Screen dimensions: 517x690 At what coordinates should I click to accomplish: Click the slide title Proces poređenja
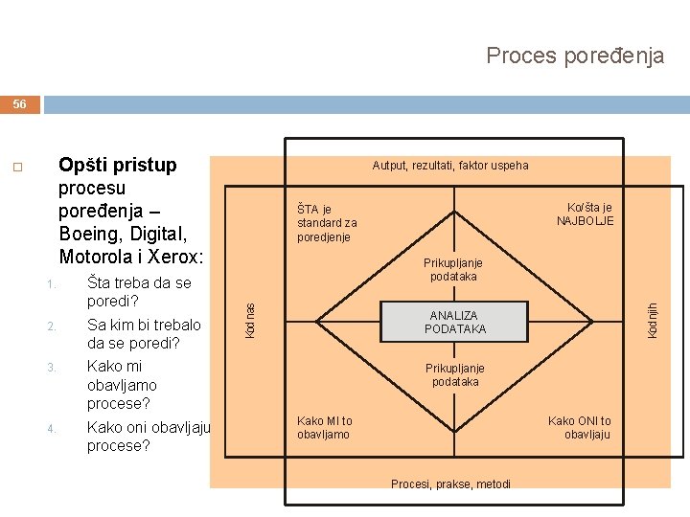click(x=575, y=56)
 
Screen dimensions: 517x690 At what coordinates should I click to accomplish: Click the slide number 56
click(x=20, y=104)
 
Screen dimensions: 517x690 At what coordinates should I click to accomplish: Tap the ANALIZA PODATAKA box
click(x=455, y=322)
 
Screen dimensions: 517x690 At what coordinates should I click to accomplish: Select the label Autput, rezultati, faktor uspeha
click(x=449, y=166)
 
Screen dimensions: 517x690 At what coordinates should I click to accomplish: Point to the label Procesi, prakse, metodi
click(x=450, y=483)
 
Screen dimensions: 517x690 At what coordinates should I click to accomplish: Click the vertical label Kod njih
click(x=653, y=319)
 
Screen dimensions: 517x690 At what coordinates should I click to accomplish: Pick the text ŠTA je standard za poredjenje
click(x=327, y=223)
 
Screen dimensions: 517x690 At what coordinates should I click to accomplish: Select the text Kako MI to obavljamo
click(x=325, y=428)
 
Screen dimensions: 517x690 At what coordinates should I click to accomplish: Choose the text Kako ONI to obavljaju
click(x=580, y=428)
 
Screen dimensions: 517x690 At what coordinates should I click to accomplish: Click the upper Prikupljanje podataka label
click(x=455, y=270)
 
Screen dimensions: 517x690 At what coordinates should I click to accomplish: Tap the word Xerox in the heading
click(x=202, y=257)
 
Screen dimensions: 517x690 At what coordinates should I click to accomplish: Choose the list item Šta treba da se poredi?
click(x=139, y=292)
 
